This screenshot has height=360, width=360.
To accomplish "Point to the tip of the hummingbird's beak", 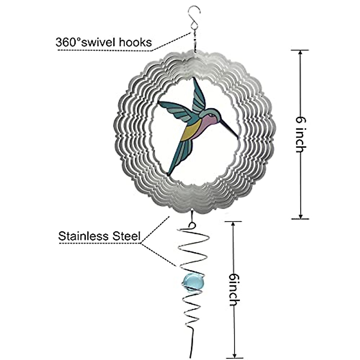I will (238, 139).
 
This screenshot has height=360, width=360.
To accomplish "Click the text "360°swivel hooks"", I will (103, 42).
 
